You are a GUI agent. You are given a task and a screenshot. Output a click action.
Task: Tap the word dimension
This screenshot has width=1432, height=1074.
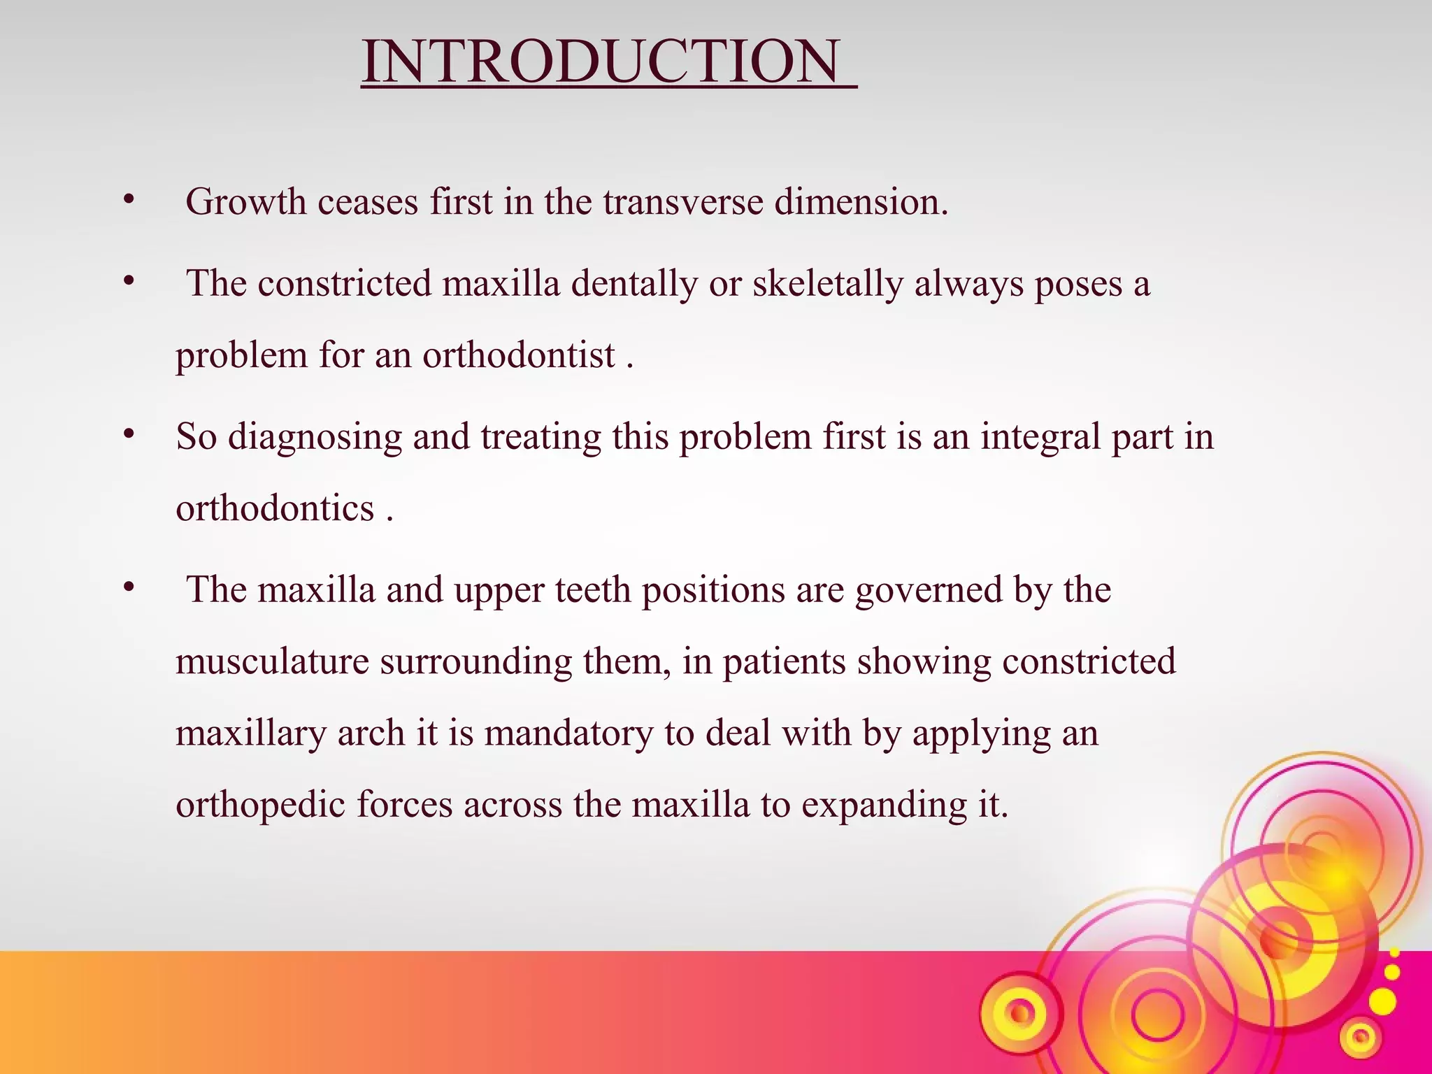pyautogui.click(x=860, y=203)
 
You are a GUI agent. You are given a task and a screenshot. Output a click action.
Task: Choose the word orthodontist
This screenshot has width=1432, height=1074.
pyautogui.click(x=518, y=355)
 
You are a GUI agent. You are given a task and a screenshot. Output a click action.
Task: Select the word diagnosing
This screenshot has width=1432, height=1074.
pyautogui.click(x=315, y=437)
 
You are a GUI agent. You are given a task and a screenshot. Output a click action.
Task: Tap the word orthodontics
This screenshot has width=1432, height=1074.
pyautogui.click(x=275, y=508)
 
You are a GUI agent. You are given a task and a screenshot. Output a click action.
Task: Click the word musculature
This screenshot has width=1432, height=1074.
pyautogui.click(x=272, y=661)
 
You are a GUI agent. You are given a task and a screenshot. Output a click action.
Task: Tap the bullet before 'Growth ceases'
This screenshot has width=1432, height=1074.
pyautogui.click(x=128, y=201)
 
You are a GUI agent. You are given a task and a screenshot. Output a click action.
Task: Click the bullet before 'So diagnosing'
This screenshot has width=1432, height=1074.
pyautogui.click(x=128, y=435)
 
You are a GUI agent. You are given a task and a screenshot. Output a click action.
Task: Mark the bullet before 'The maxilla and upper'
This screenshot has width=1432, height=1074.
pyautogui.click(x=128, y=588)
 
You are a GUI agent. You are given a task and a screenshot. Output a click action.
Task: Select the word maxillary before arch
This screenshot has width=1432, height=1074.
pyautogui.click(x=250, y=733)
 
